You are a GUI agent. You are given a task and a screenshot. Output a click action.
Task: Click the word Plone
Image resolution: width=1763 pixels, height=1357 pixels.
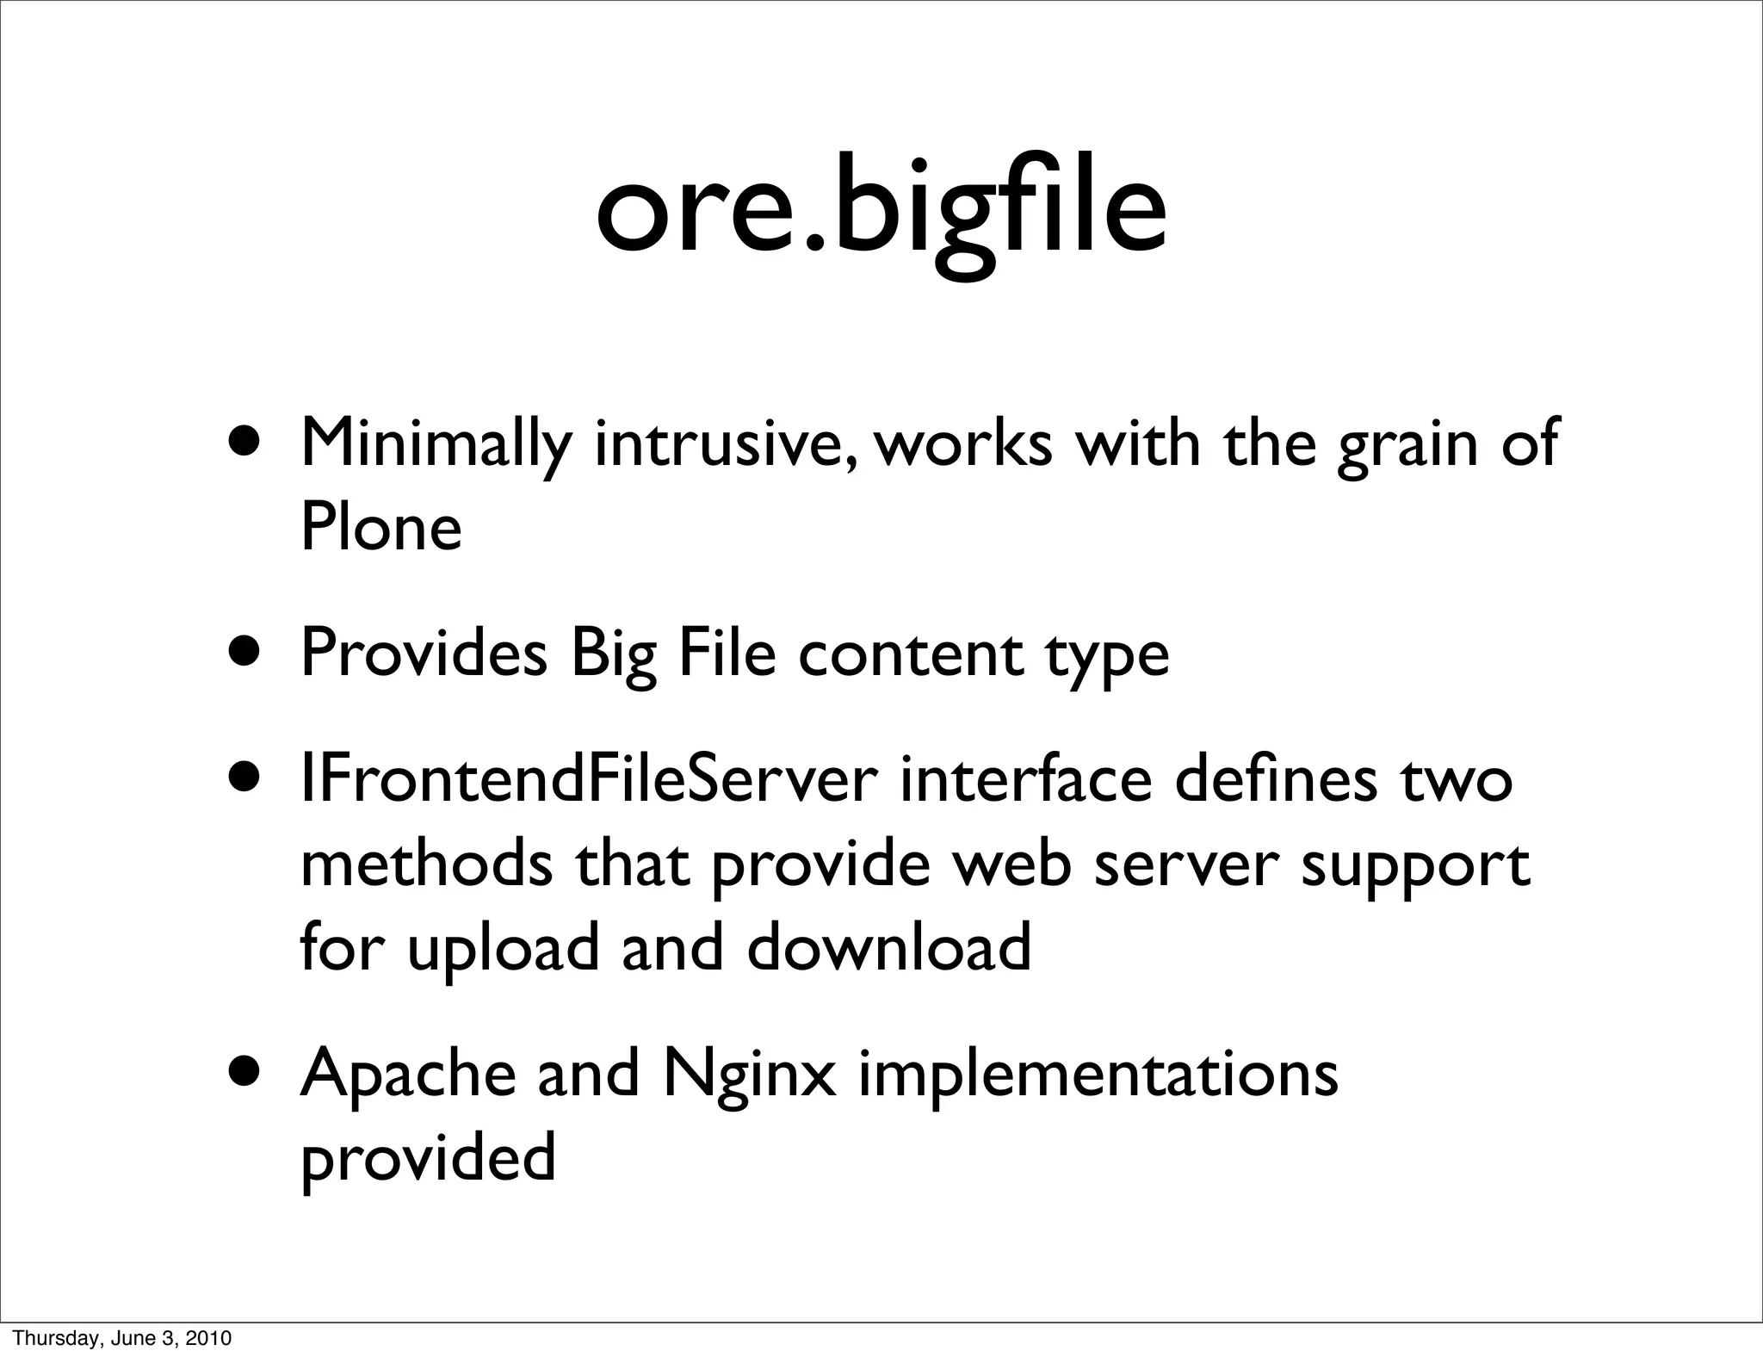pyautogui.click(x=380, y=527)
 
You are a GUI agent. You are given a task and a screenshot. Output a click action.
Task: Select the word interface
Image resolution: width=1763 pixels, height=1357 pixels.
pyautogui.click(x=1025, y=779)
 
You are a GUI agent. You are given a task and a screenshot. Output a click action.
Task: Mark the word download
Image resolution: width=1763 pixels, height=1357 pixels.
pyautogui.click(x=888, y=946)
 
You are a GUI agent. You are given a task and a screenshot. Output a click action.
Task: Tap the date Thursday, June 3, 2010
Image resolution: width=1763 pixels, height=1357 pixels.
pyautogui.click(x=123, y=1338)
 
